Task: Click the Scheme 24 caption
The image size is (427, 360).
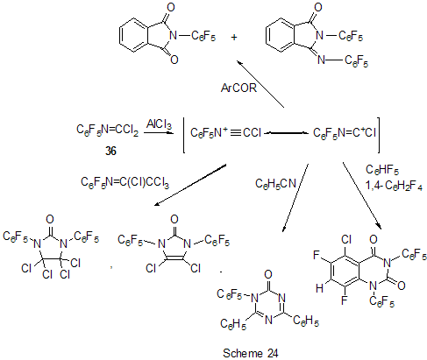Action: (x=251, y=353)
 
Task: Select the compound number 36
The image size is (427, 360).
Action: (x=110, y=151)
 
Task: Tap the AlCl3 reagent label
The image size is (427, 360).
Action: (x=159, y=124)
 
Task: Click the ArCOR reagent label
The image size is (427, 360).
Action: (x=238, y=88)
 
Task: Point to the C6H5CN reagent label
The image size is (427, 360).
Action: (x=275, y=183)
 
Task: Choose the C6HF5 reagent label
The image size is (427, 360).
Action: (x=382, y=170)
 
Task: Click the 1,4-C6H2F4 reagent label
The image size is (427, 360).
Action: (x=394, y=185)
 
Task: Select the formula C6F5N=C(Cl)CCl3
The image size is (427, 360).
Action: (x=125, y=182)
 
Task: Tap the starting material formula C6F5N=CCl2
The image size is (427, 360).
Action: (x=108, y=130)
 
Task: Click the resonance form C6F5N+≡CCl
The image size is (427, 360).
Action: (x=225, y=132)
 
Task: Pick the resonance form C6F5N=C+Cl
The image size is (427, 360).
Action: (x=344, y=133)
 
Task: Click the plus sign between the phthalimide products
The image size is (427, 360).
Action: (x=234, y=37)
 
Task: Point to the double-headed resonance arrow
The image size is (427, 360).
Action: (x=287, y=133)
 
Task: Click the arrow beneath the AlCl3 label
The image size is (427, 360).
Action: (x=157, y=133)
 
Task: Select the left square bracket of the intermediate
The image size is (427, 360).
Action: (x=184, y=135)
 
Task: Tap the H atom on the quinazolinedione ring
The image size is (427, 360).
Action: (x=320, y=288)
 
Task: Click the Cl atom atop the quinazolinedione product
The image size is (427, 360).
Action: (x=346, y=240)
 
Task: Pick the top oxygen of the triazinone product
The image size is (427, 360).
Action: (x=268, y=274)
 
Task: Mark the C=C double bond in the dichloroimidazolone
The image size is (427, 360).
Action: (x=174, y=258)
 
